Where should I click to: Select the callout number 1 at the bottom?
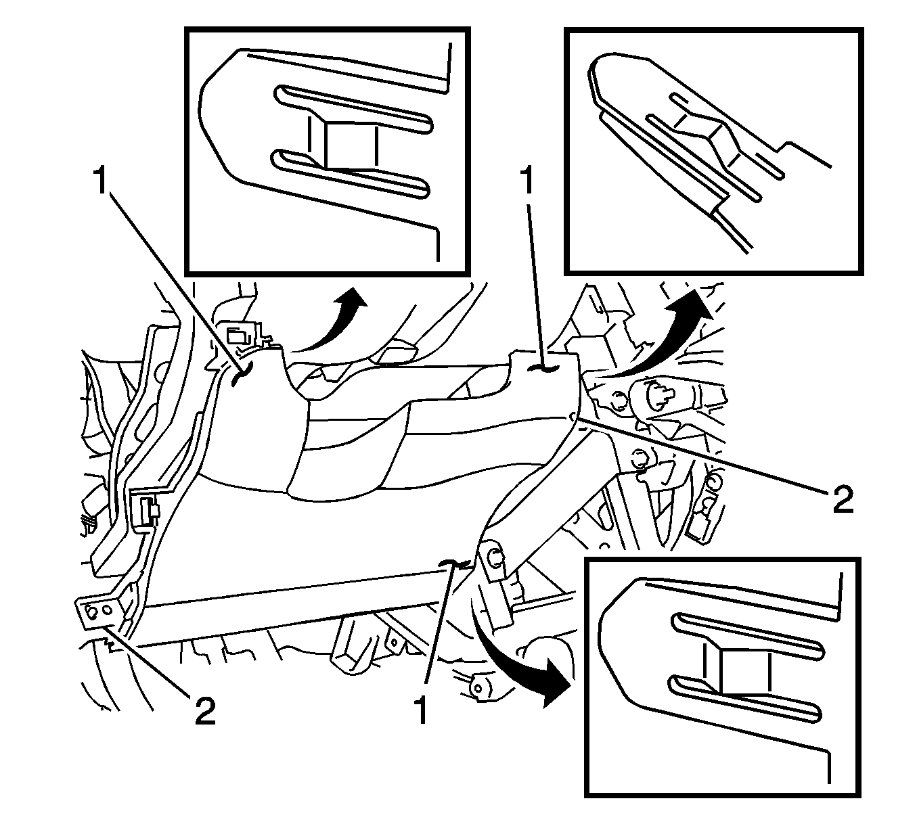pos(422,710)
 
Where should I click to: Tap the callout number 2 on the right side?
pos(841,500)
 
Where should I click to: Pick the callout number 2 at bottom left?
pos(204,711)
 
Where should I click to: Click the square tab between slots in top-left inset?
pos(351,144)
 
